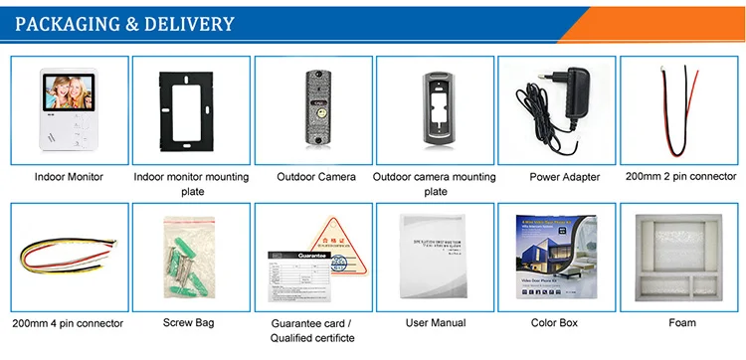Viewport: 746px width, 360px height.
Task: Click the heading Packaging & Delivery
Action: pos(125,24)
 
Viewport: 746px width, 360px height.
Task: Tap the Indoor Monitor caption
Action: pos(70,177)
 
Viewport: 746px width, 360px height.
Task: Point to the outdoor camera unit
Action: pos(314,109)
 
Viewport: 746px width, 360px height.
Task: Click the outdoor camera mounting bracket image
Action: pos(435,110)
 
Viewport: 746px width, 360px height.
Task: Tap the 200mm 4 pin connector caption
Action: pos(69,323)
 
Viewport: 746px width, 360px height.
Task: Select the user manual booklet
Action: pos(436,261)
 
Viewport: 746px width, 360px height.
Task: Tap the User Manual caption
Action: pos(436,323)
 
